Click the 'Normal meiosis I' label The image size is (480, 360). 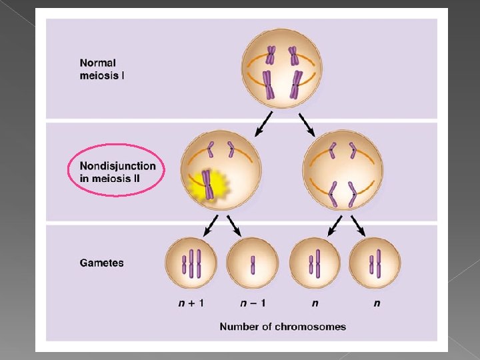point(102,69)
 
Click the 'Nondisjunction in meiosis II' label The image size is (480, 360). point(117,171)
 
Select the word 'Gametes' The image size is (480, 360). point(101,263)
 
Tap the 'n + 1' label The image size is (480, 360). point(191,303)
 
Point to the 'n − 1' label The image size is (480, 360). point(253,303)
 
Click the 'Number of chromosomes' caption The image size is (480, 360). point(283,326)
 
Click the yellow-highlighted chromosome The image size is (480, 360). point(208,185)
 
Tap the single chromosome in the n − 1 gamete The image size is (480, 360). point(253,265)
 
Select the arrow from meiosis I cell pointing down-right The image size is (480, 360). point(307,123)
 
